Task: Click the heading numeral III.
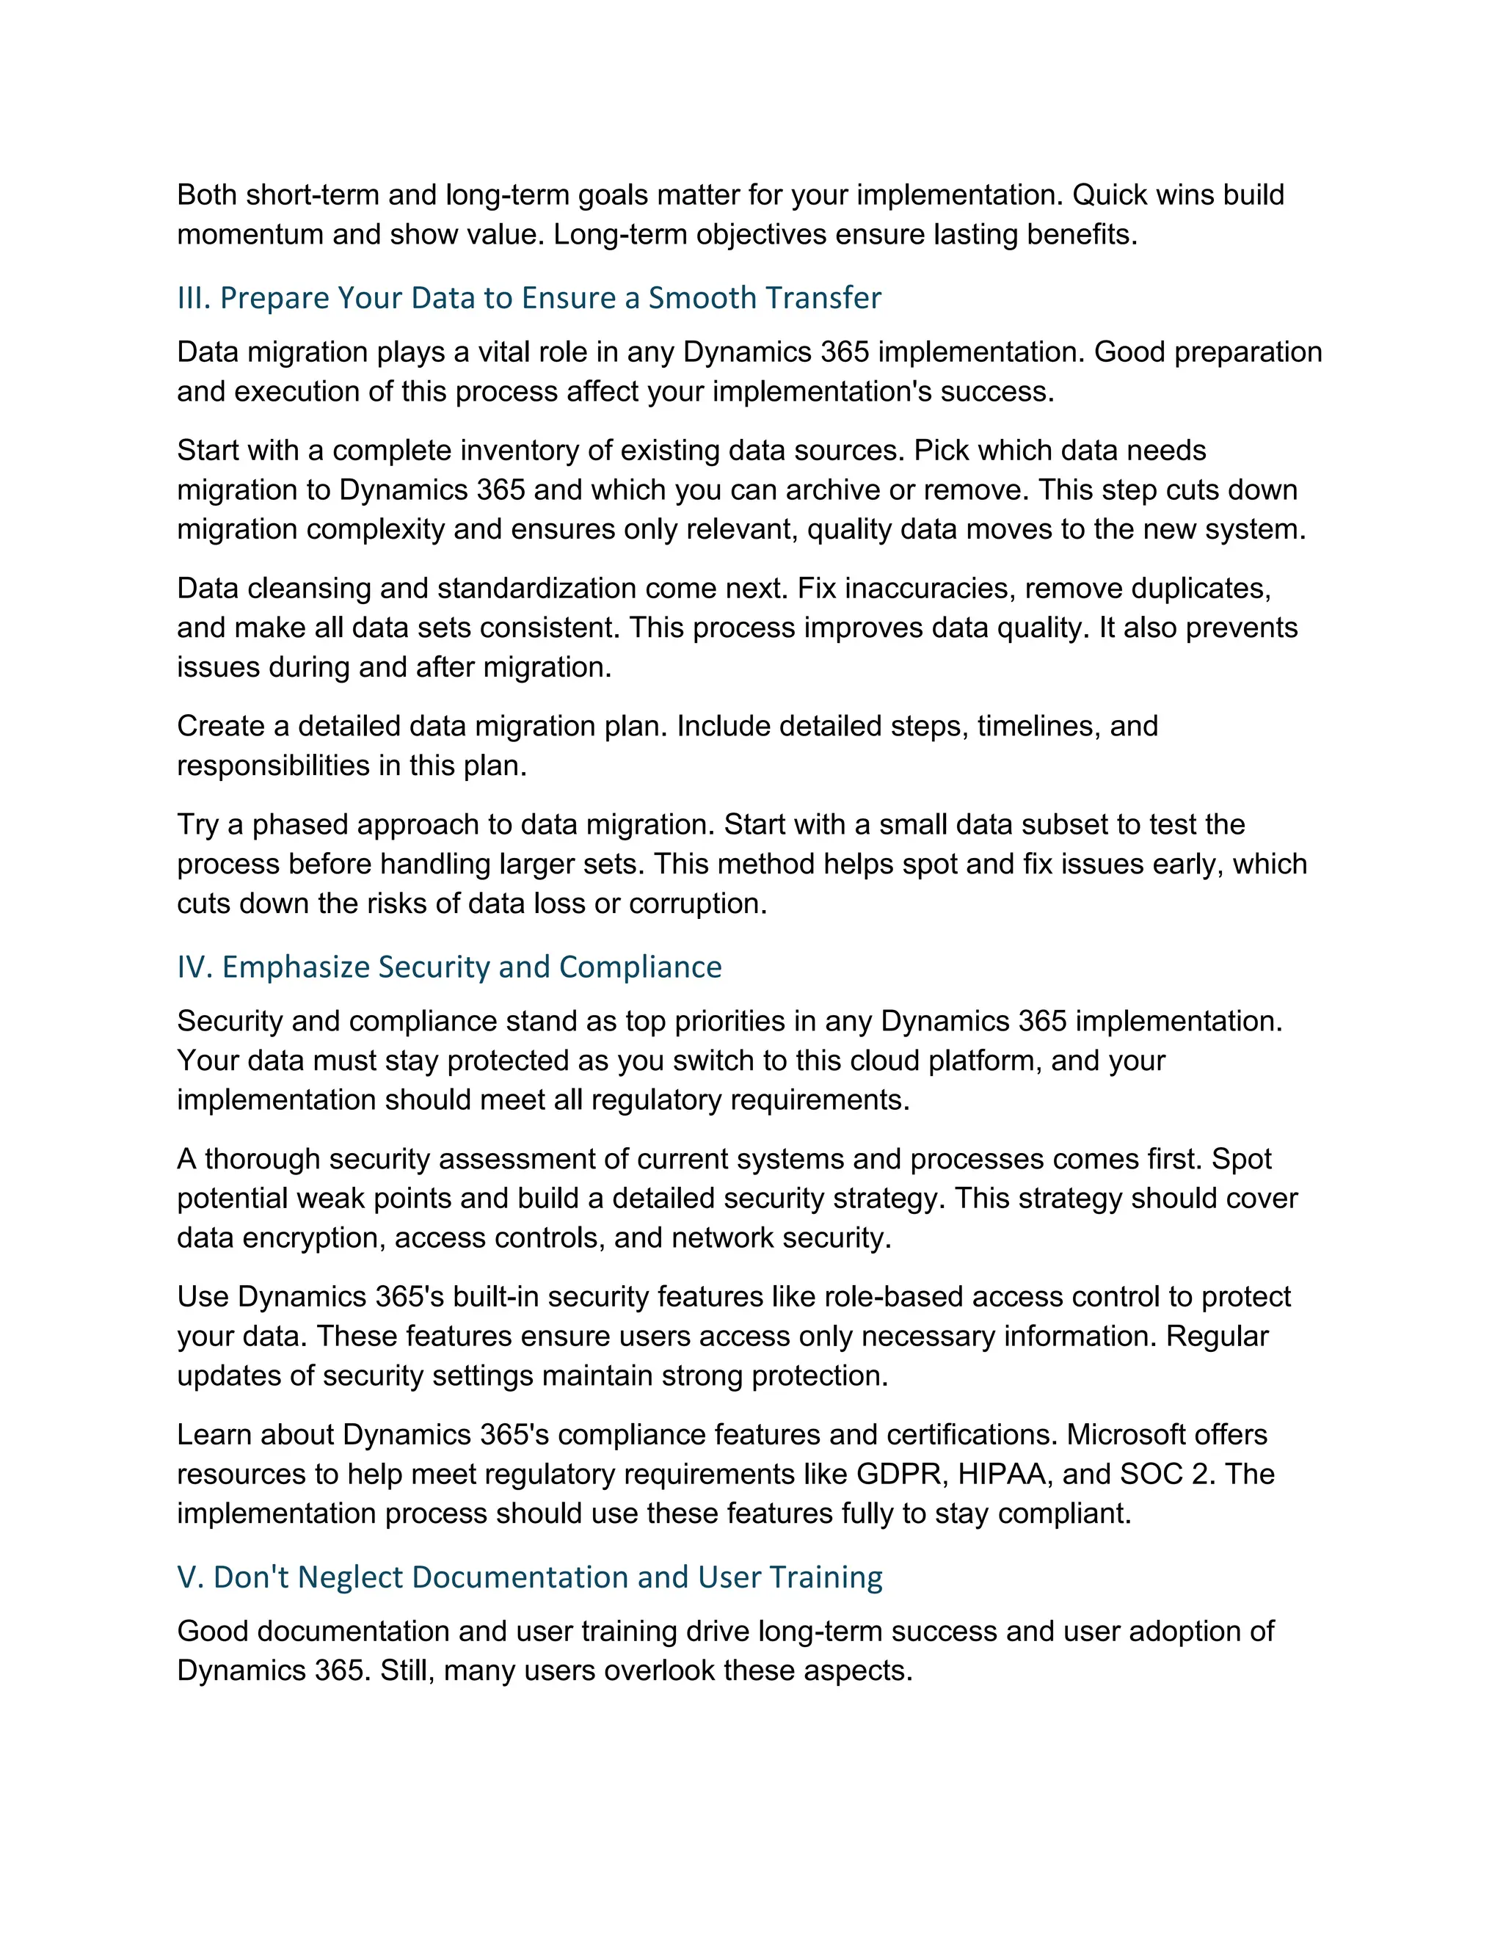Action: point(192,297)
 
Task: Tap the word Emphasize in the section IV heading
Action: point(294,967)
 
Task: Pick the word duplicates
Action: point(1200,589)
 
